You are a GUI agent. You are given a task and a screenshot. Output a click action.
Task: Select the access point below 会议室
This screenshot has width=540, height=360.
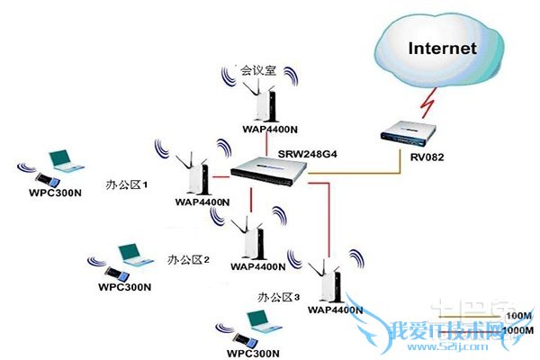[262, 102]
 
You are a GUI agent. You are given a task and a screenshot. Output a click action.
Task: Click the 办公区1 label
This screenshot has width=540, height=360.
[127, 183]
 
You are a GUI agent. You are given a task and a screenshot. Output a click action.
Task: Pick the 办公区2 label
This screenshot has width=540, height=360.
[188, 258]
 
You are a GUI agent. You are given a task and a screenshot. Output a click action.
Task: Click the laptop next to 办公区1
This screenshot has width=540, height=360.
[62, 163]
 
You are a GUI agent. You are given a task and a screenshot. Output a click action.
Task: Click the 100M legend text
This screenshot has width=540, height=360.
[519, 317]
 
